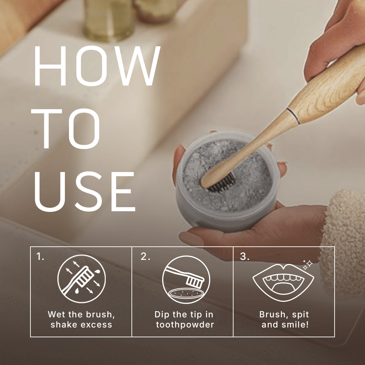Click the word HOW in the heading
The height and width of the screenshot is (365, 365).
(x=97, y=66)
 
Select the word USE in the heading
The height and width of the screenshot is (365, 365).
(x=85, y=192)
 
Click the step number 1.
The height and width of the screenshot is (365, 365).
(x=40, y=256)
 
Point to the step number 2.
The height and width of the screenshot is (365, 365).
(x=145, y=256)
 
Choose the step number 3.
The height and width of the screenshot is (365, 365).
(x=245, y=256)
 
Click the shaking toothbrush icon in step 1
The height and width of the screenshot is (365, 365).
(x=81, y=278)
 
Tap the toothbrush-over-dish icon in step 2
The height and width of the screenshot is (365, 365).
(x=186, y=279)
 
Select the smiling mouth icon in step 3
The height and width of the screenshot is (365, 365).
(x=283, y=282)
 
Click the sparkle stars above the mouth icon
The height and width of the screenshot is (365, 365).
(x=308, y=265)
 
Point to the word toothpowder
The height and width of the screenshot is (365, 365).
(x=185, y=324)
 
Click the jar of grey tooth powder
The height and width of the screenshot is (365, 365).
(x=227, y=181)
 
